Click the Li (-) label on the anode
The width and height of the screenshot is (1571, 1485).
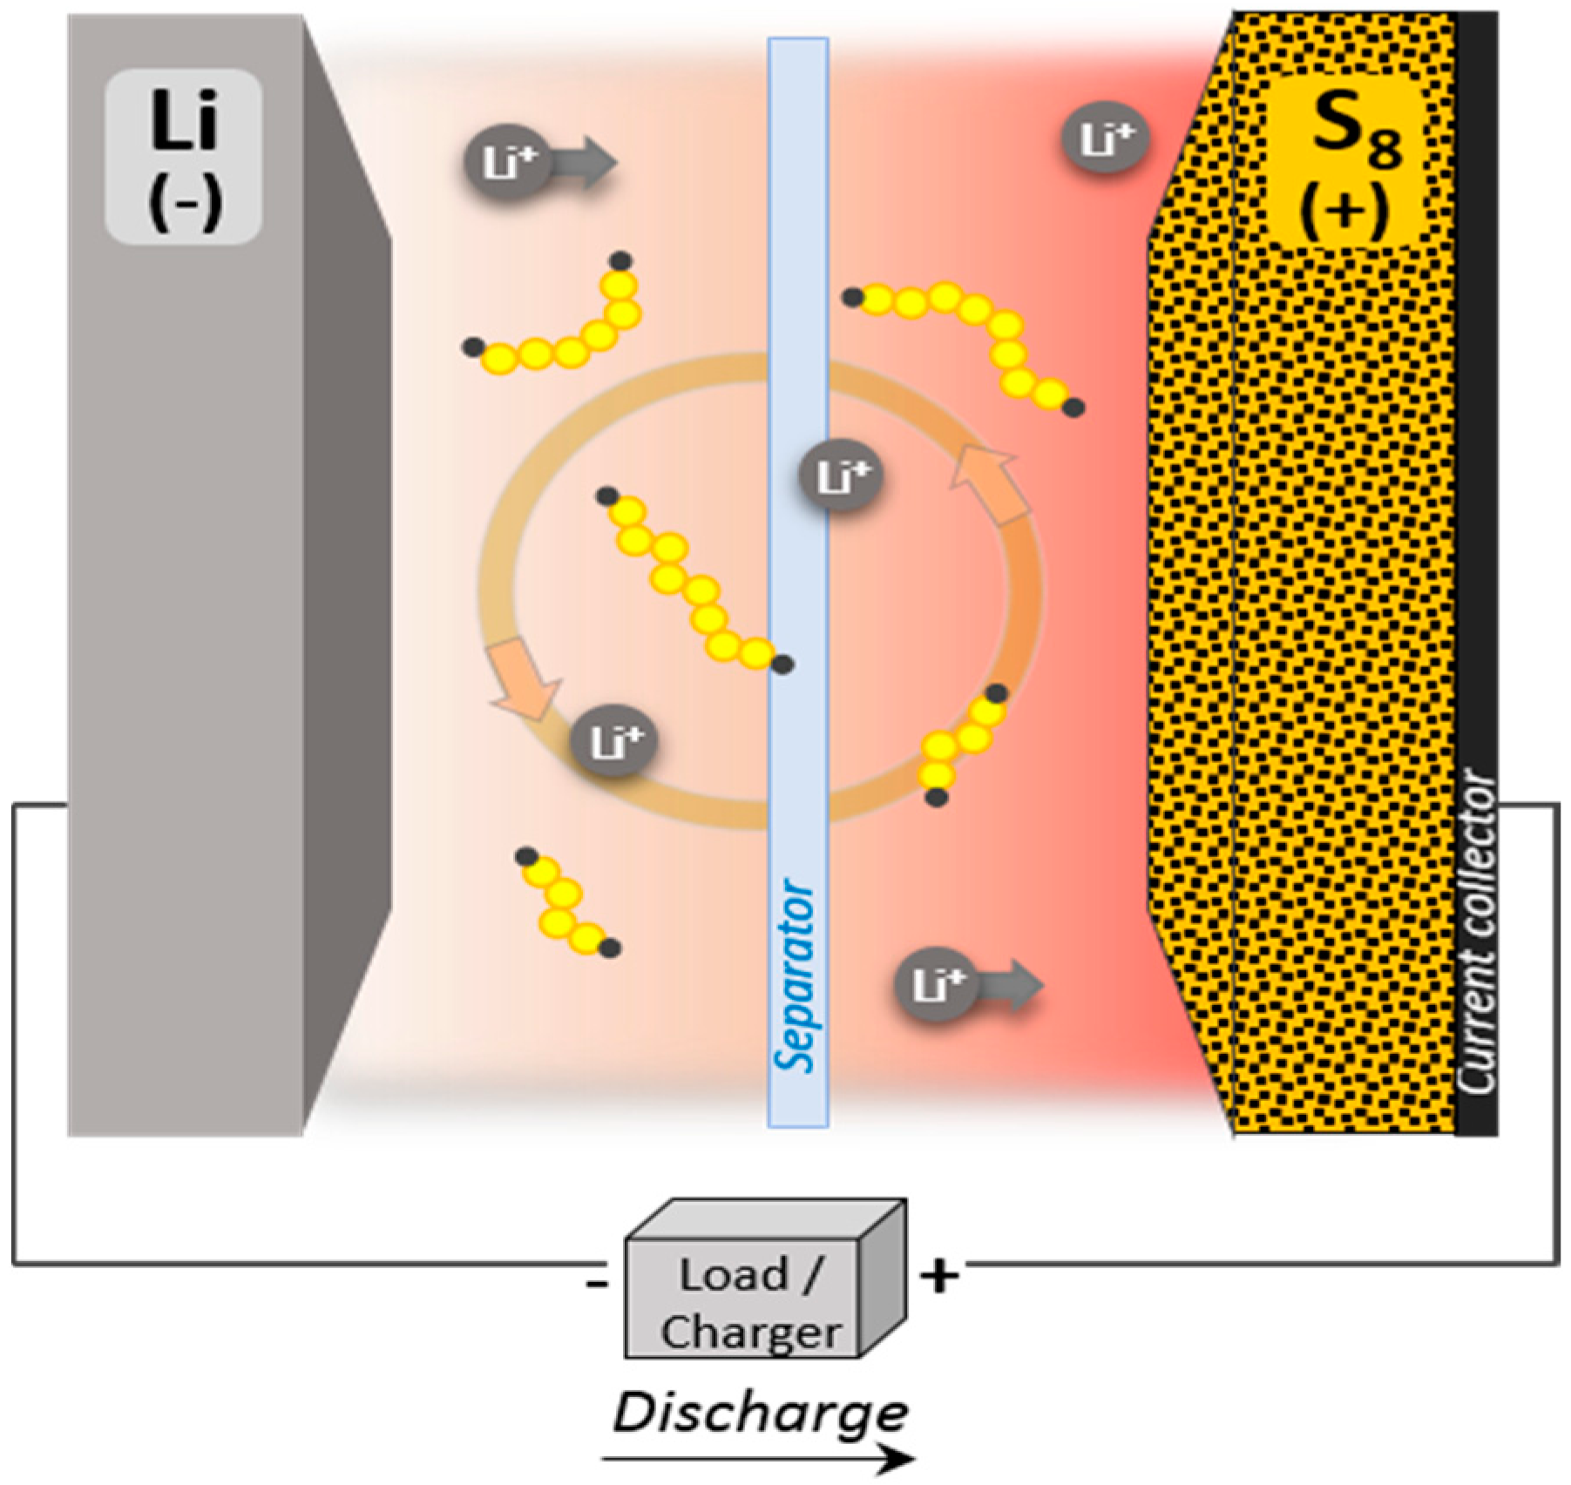pos(184,157)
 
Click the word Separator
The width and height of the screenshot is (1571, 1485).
pos(795,975)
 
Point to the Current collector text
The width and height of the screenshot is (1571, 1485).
pos(1477,932)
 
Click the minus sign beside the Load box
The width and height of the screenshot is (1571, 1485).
pos(598,1284)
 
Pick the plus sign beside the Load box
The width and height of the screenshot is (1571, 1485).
pos(939,1276)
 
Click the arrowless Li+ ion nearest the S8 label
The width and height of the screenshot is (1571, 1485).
pos(1105,139)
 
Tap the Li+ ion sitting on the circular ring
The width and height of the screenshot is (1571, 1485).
pos(614,741)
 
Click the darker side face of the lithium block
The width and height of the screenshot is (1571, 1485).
pos(347,575)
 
